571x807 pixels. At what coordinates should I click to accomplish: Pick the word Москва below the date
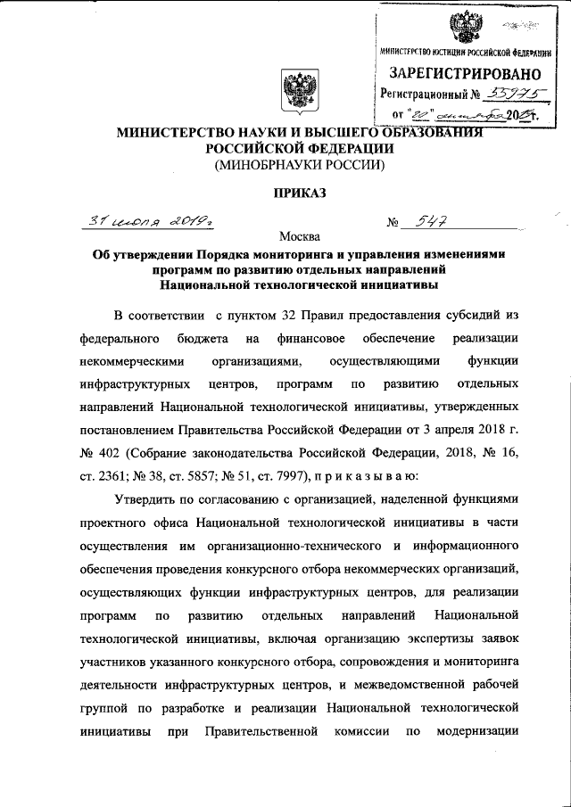pyautogui.click(x=298, y=237)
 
